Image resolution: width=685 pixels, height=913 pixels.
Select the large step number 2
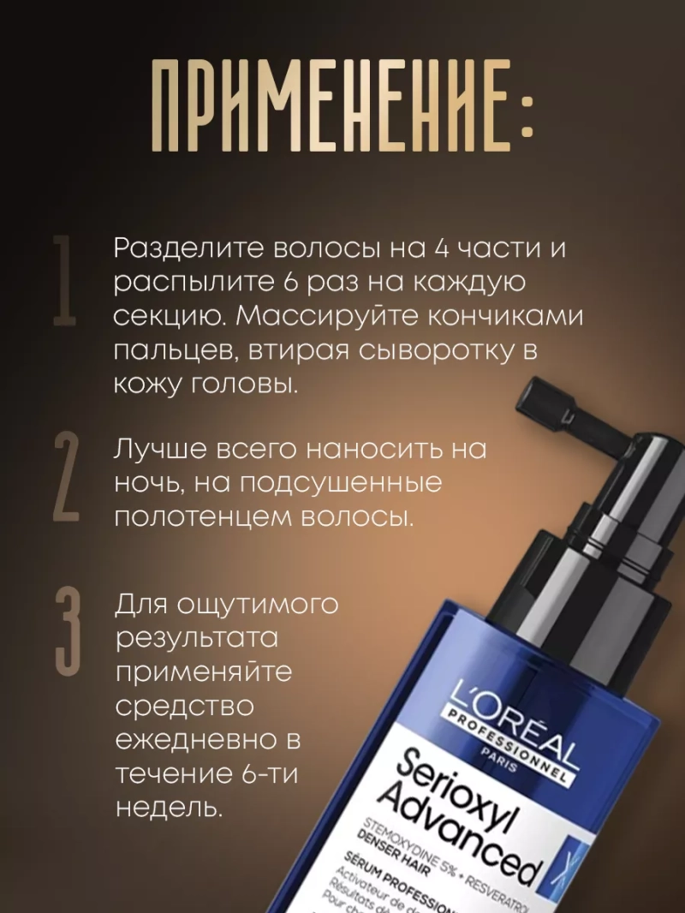pyautogui.click(x=66, y=478)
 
